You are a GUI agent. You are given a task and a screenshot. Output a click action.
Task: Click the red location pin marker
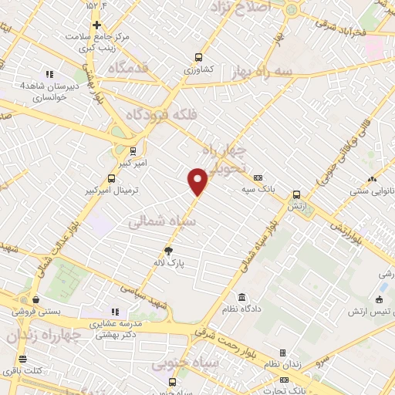click(x=198, y=181)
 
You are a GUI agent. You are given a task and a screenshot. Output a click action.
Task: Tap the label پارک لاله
click(x=169, y=263)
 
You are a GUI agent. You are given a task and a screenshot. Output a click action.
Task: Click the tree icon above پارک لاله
click(x=169, y=250)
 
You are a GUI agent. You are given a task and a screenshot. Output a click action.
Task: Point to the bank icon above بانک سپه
click(x=258, y=177)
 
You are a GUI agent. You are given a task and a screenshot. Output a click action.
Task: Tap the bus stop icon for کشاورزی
click(x=199, y=56)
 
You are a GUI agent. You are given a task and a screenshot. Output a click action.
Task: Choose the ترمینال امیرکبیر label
click(x=111, y=188)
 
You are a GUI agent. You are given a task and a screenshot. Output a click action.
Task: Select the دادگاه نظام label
click(x=242, y=310)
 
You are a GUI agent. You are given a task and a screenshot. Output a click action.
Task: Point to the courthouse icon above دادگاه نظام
click(x=242, y=298)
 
